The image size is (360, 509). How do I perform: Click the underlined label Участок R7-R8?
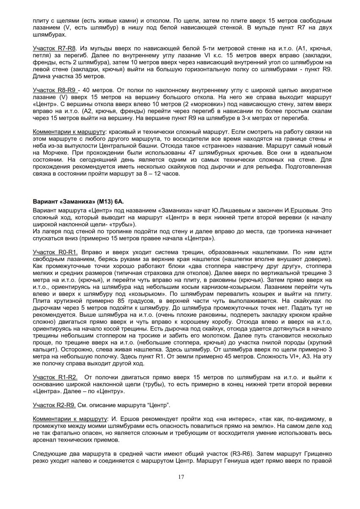(54, 49)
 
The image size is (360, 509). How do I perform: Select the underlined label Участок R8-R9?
(54, 90)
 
